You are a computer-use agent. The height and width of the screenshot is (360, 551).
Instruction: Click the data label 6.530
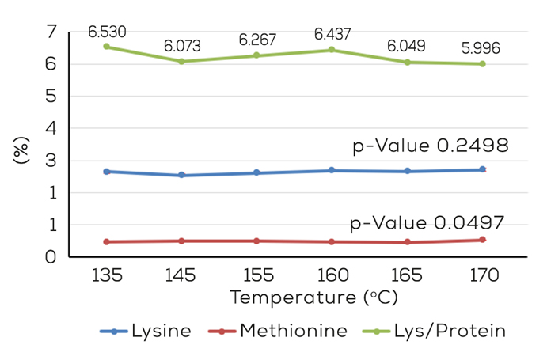click(107, 32)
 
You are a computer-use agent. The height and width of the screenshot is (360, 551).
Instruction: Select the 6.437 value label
click(332, 34)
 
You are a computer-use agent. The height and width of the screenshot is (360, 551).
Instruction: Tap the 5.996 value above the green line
click(481, 48)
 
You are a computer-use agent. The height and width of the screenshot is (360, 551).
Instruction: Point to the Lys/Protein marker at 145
click(181, 61)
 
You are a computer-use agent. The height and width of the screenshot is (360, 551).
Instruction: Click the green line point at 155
click(256, 55)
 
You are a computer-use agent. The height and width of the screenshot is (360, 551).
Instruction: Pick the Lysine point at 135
click(106, 171)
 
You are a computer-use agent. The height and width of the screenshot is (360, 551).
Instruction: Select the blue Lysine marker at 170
click(482, 169)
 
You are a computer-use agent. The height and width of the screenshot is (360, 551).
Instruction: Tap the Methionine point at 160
click(332, 241)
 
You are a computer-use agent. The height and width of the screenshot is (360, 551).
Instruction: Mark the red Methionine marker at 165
click(407, 242)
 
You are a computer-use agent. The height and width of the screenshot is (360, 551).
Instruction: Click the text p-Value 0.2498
click(430, 146)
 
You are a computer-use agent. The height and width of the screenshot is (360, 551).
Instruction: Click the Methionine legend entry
click(279, 332)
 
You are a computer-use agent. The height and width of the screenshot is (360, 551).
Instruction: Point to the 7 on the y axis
click(52, 32)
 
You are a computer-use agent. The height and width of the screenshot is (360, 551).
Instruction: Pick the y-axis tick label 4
click(52, 128)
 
